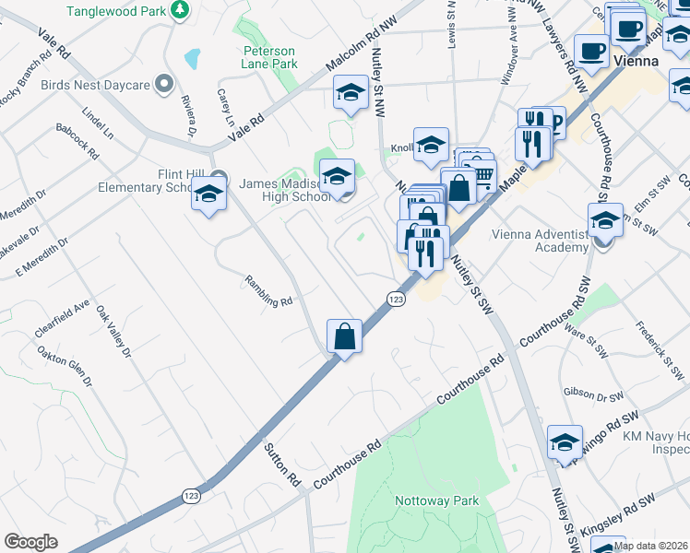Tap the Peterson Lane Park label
click(x=269, y=57)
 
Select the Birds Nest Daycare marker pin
click(x=166, y=85)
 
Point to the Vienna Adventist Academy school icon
click(x=605, y=222)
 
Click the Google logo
click(x=30, y=542)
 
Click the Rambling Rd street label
click(x=268, y=290)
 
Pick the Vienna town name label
click(x=636, y=61)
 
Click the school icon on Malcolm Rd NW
click(x=350, y=93)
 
